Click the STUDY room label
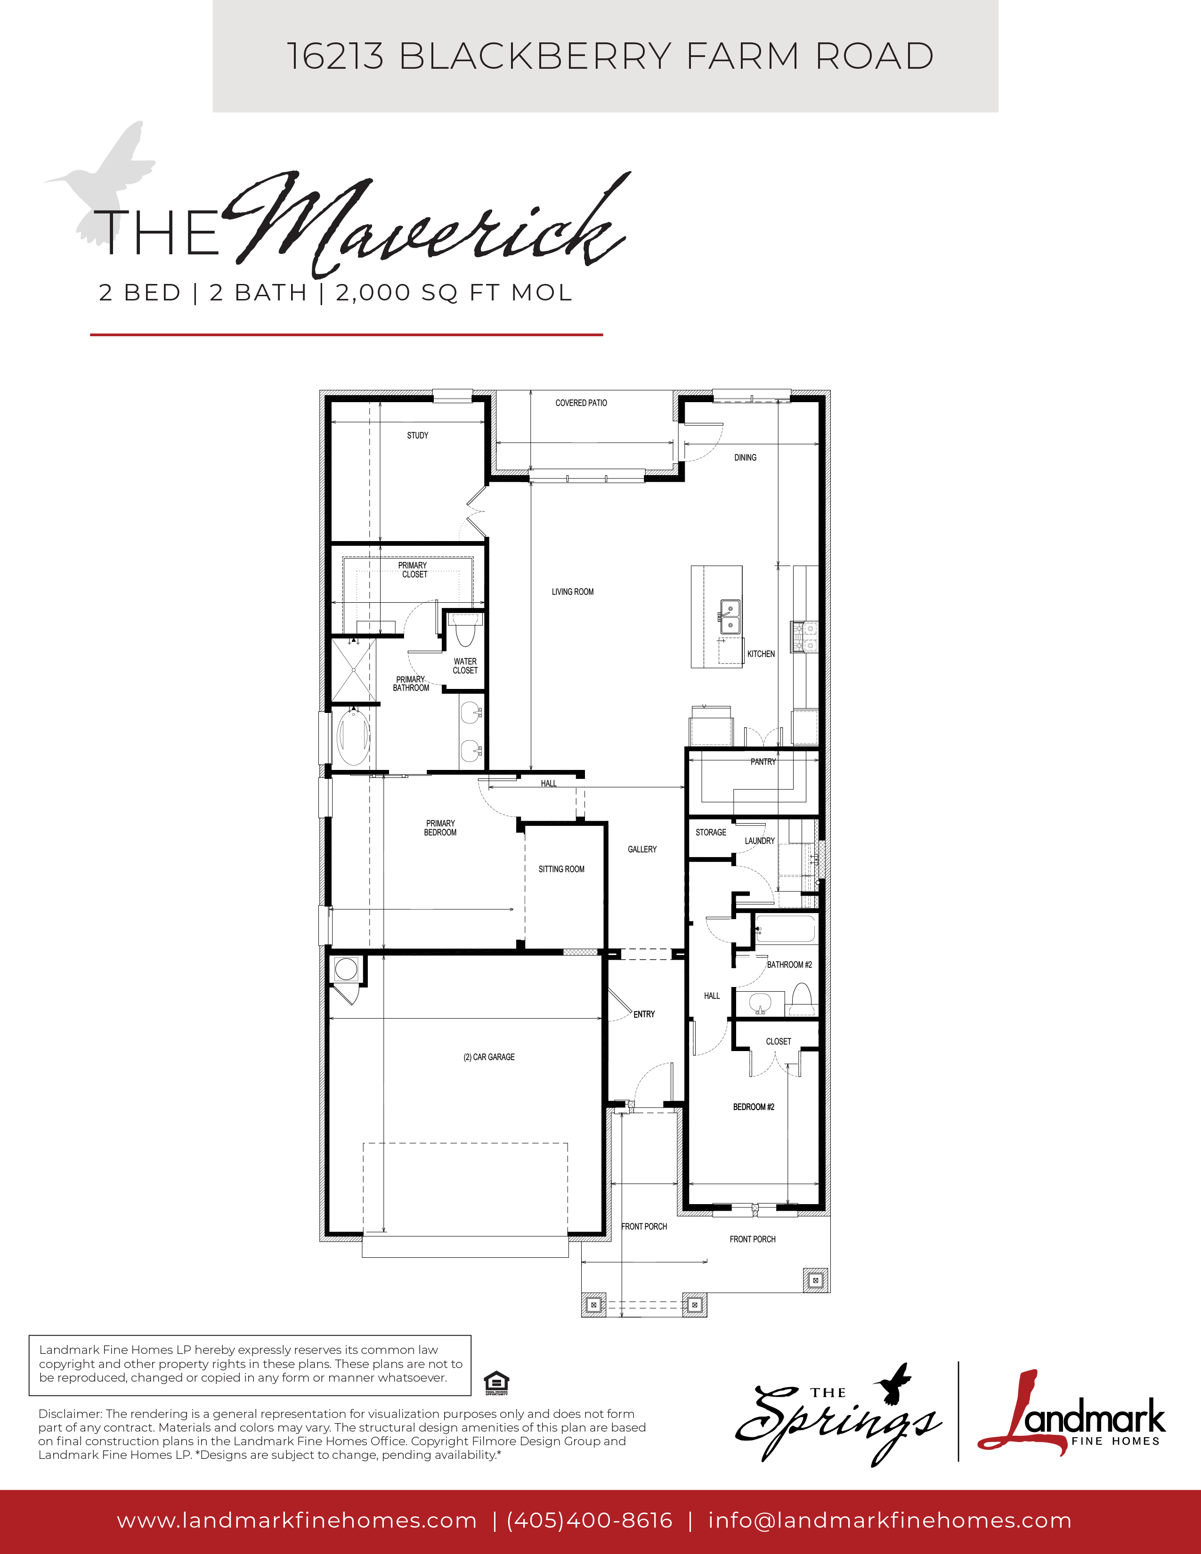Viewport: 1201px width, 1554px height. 418,436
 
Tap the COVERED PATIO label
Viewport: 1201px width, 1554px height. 581,403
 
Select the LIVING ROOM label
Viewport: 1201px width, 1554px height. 573,592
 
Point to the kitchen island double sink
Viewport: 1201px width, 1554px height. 729,616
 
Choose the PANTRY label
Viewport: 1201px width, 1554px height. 763,762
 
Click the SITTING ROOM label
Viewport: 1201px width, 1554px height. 561,869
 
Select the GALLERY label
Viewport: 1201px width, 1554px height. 642,850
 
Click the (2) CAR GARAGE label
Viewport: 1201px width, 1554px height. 489,1057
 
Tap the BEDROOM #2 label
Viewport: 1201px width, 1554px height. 754,1107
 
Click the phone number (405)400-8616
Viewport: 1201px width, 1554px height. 590,1521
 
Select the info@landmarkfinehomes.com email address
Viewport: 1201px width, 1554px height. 889,1521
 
